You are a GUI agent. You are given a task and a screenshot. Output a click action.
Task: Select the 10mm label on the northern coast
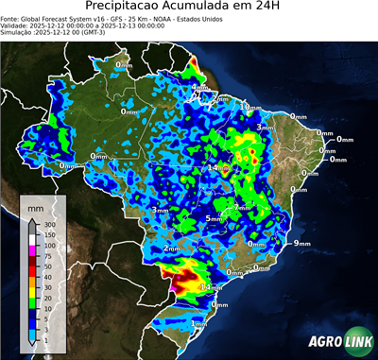click(251, 108)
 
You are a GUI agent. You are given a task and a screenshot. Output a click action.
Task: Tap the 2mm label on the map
click(172, 249)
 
